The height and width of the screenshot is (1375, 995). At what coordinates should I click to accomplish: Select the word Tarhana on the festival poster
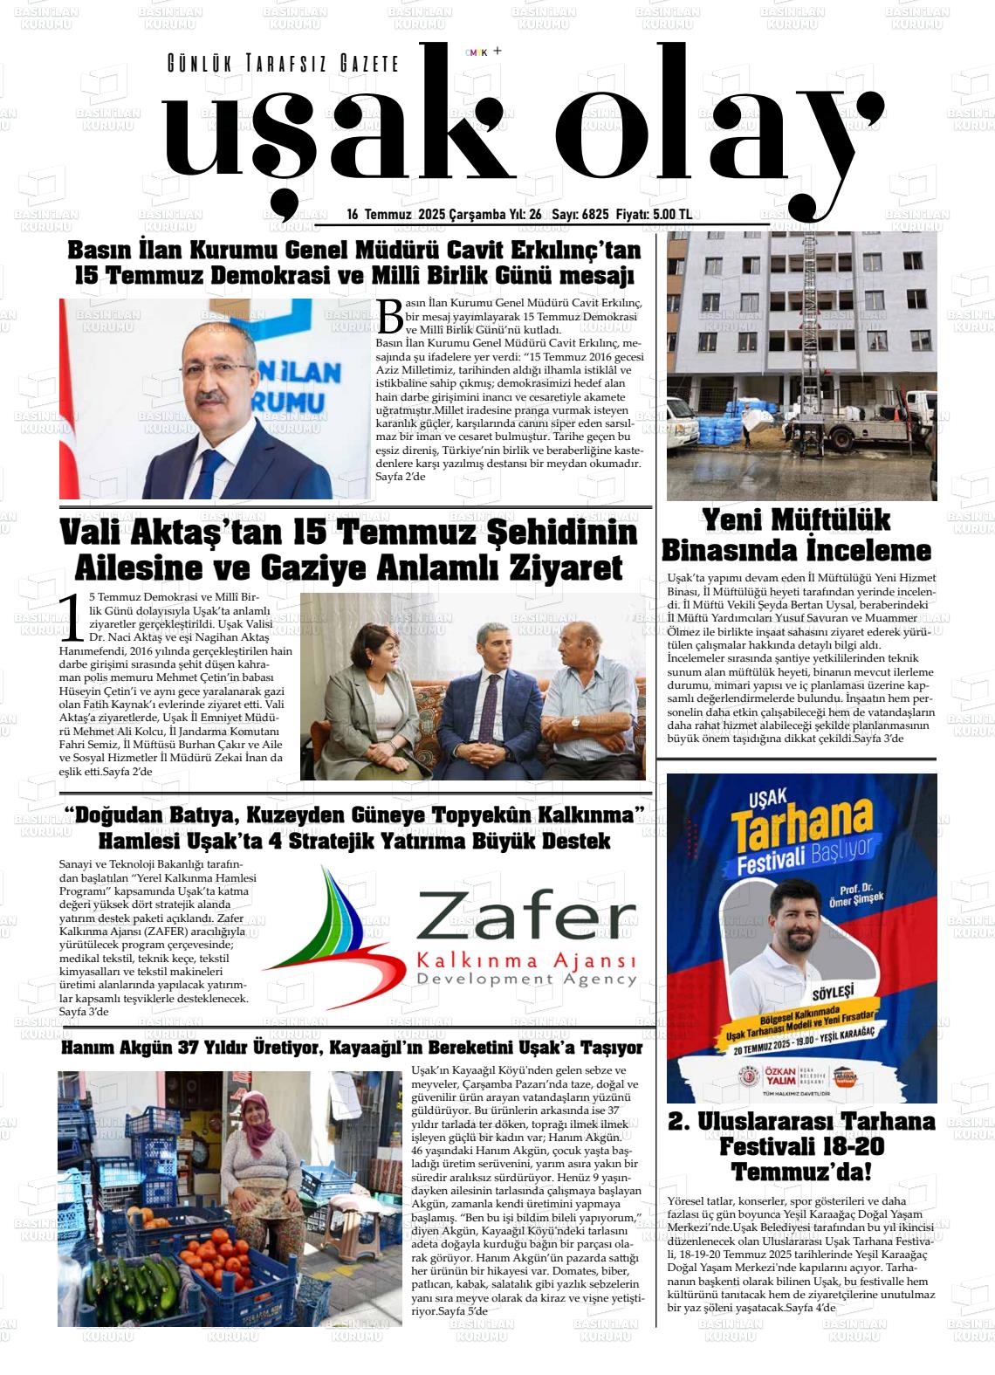[802, 830]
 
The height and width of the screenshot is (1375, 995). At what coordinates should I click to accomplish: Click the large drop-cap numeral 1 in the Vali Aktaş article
[73, 617]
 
